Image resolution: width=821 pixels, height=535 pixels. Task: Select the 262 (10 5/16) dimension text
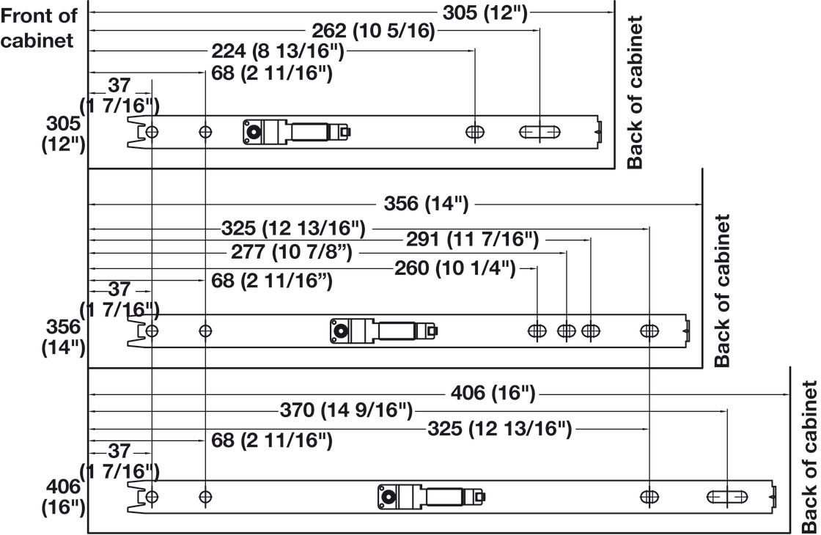[373, 32]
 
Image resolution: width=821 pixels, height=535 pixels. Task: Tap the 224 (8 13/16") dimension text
[278, 52]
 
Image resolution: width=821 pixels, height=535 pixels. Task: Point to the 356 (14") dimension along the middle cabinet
[426, 204]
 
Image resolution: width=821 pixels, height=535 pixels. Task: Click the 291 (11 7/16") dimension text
[472, 239]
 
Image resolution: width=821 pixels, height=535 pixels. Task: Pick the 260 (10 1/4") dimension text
[455, 269]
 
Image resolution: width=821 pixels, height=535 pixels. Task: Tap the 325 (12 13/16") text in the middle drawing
[292, 228]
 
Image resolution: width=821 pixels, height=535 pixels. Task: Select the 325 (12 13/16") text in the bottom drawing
[499, 428]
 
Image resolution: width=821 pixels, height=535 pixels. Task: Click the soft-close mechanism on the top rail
[297, 131]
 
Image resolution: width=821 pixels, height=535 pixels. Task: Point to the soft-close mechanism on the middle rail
[383, 331]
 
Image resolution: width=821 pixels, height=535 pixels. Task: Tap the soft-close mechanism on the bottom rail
[432, 497]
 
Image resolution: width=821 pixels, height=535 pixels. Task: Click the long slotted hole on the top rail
[540, 132]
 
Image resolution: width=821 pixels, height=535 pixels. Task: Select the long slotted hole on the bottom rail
[726, 497]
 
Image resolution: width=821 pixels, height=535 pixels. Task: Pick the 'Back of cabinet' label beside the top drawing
[635, 92]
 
